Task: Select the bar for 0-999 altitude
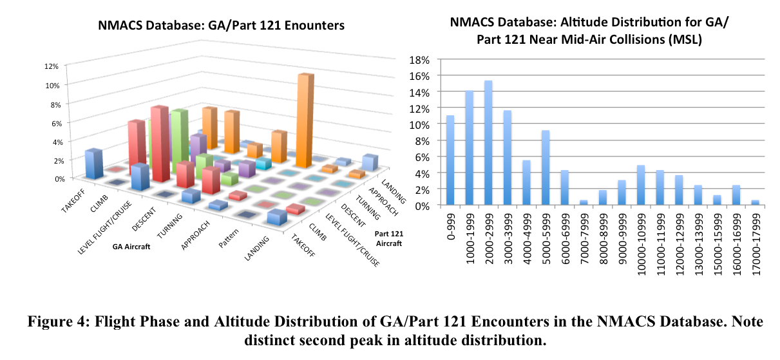(x=450, y=160)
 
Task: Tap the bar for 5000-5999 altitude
(x=545, y=168)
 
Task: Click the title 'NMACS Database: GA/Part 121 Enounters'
(x=222, y=26)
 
